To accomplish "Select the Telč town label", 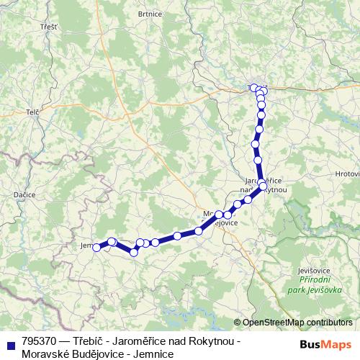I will point(32,112).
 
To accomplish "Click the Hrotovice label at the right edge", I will point(348,174).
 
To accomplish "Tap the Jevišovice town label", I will point(313,270).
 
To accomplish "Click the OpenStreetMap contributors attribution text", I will point(297,323).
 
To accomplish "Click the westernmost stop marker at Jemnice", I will point(96,248).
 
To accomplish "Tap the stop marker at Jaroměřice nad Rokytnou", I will point(264,186).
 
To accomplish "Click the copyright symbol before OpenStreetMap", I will point(238,323).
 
